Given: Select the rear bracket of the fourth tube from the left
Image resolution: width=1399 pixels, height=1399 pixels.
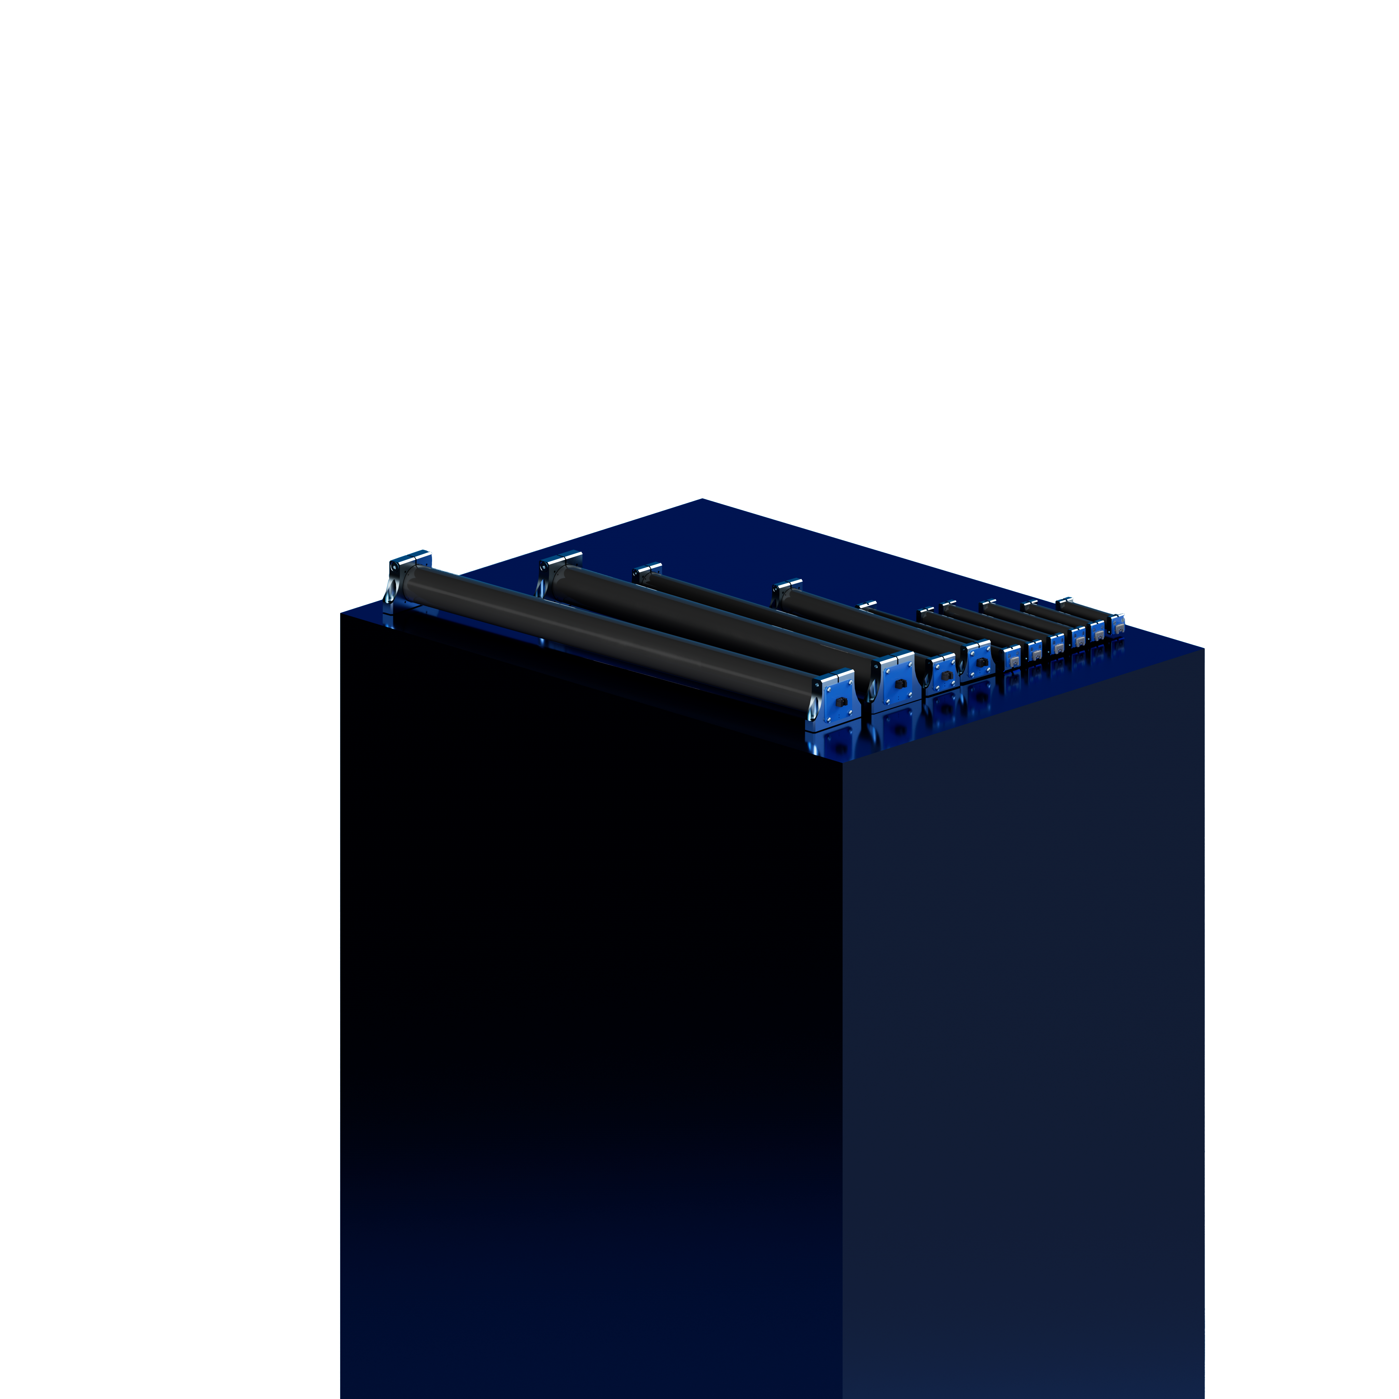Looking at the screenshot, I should point(787,586).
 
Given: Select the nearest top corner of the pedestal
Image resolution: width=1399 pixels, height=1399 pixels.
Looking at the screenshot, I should point(842,760).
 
